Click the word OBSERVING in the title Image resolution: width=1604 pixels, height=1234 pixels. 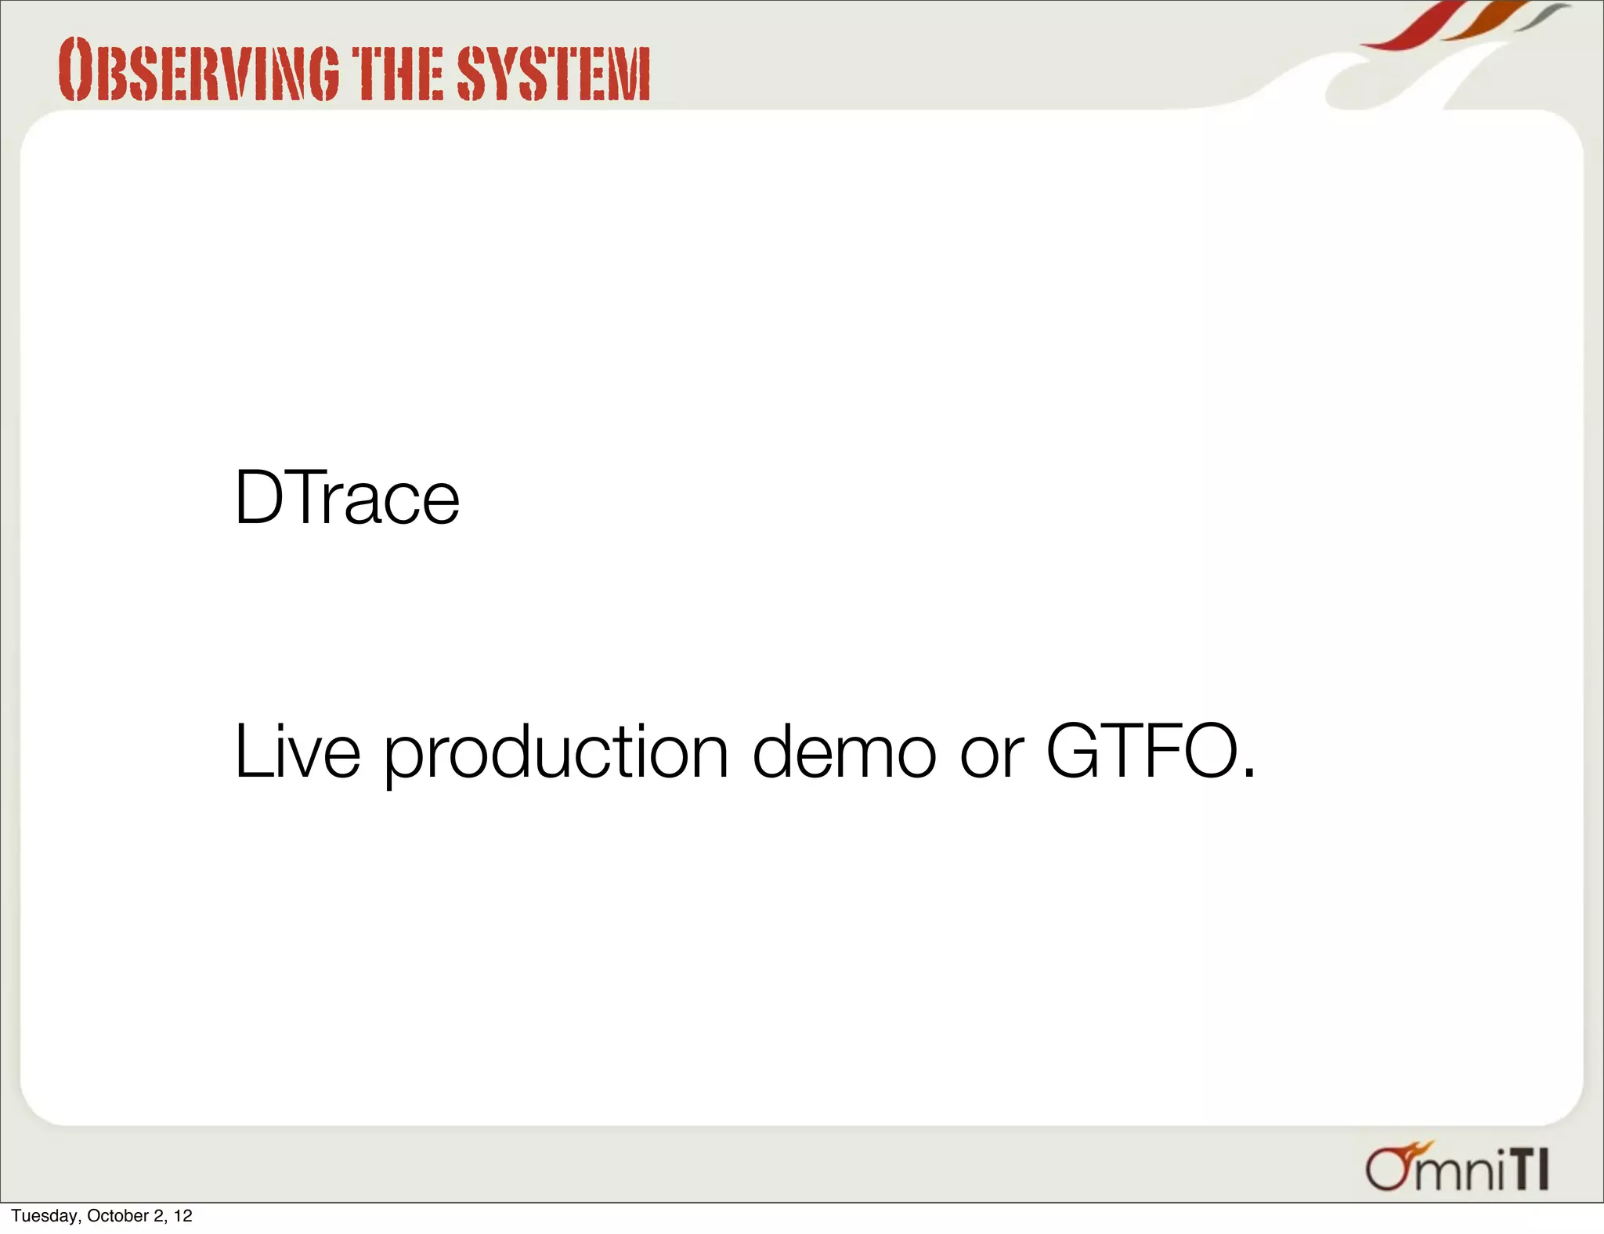(x=199, y=72)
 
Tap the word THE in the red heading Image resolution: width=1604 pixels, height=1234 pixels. (x=397, y=74)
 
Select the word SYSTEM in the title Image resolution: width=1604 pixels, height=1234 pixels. (x=553, y=74)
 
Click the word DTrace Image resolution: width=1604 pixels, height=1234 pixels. (x=346, y=498)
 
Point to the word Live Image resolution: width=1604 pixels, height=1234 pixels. (x=297, y=752)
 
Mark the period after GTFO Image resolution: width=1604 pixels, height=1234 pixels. (x=1249, y=774)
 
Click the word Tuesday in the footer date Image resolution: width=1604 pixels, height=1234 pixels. (x=44, y=1216)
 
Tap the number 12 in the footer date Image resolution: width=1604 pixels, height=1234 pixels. (x=182, y=1216)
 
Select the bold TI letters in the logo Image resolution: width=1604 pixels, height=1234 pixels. (x=1528, y=1170)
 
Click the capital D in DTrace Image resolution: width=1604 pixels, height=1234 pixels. (x=257, y=498)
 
